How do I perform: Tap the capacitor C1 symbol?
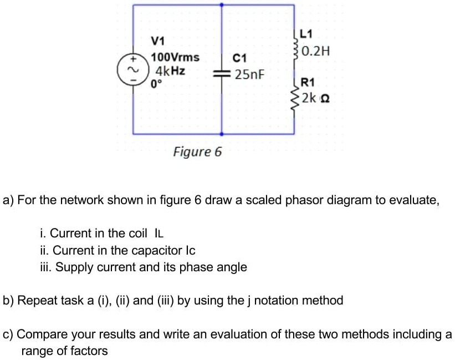(x=222, y=74)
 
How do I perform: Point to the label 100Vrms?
(x=176, y=58)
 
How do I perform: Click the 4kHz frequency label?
(x=170, y=71)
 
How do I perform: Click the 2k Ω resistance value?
(x=317, y=99)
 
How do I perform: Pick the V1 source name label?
(x=158, y=41)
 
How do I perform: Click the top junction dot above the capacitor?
(x=222, y=5)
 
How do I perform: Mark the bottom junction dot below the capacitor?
(x=222, y=134)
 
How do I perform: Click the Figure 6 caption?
(x=197, y=151)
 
